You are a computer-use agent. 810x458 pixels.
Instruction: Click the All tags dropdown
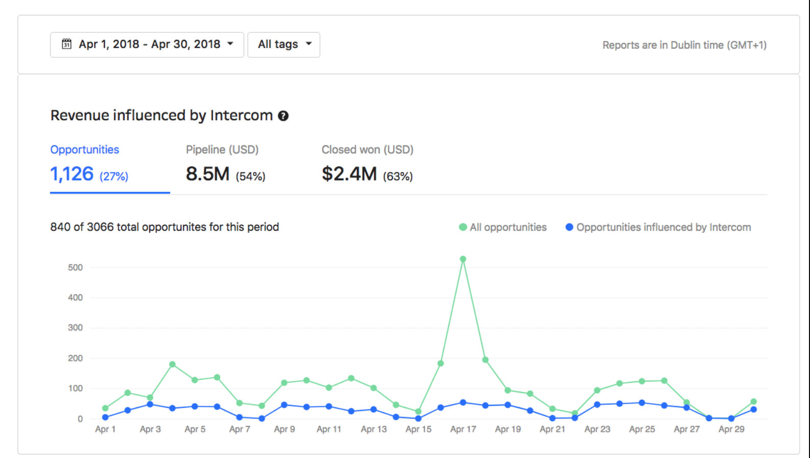pos(284,45)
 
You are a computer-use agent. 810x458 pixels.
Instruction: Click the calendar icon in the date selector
pos(66,44)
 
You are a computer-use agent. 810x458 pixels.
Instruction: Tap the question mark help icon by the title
pos(283,116)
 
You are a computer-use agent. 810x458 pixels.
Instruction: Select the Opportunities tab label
pos(84,149)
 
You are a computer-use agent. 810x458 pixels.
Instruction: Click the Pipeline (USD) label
pos(222,149)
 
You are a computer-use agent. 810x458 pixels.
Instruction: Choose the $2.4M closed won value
pos(349,174)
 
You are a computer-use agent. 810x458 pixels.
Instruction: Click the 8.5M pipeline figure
pos(207,174)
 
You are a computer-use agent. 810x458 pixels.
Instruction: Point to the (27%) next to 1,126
pos(114,177)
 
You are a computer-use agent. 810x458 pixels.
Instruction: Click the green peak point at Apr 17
pos(463,259)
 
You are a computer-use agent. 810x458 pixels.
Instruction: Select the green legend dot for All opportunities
pos(463,227)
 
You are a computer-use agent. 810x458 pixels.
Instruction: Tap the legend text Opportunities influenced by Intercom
pos(663,227)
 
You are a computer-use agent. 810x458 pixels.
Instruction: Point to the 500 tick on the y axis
pos(75,268)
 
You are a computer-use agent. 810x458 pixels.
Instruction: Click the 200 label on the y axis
pos(75,358)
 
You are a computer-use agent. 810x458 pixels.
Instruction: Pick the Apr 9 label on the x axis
pos(284,429)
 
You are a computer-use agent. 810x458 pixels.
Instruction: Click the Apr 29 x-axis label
pos(731,429)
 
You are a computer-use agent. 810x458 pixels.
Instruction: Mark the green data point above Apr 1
pos(105,408)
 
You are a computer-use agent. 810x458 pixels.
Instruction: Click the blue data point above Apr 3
pos(150,404)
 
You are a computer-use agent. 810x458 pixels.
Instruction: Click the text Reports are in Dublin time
pos(684,45)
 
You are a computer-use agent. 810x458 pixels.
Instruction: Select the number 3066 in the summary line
pos(100,227)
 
